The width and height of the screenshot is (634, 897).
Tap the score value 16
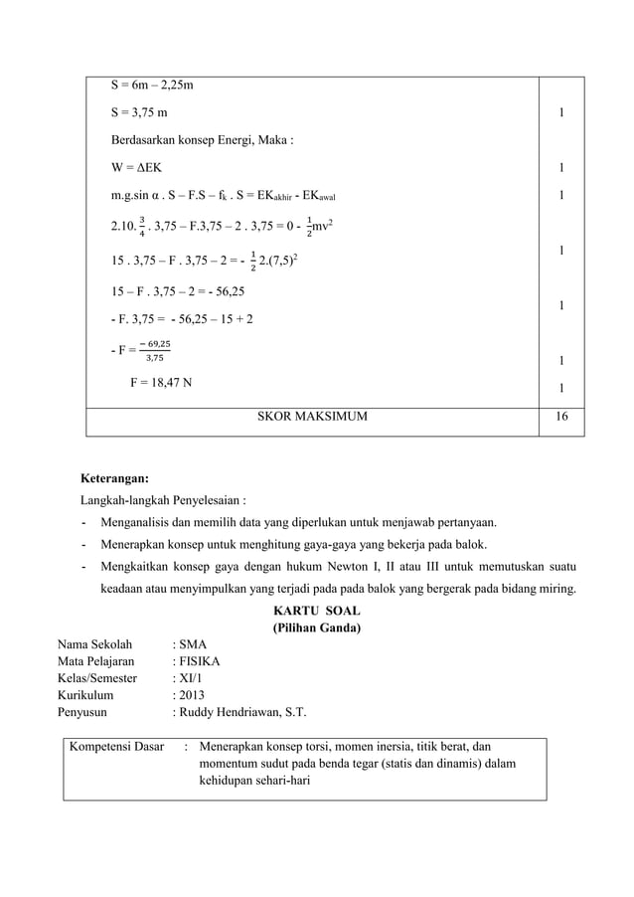561,418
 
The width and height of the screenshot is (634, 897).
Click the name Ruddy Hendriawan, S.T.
243,712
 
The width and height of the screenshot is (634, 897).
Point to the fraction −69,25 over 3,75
154,351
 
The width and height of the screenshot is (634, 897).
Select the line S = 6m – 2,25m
151,87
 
